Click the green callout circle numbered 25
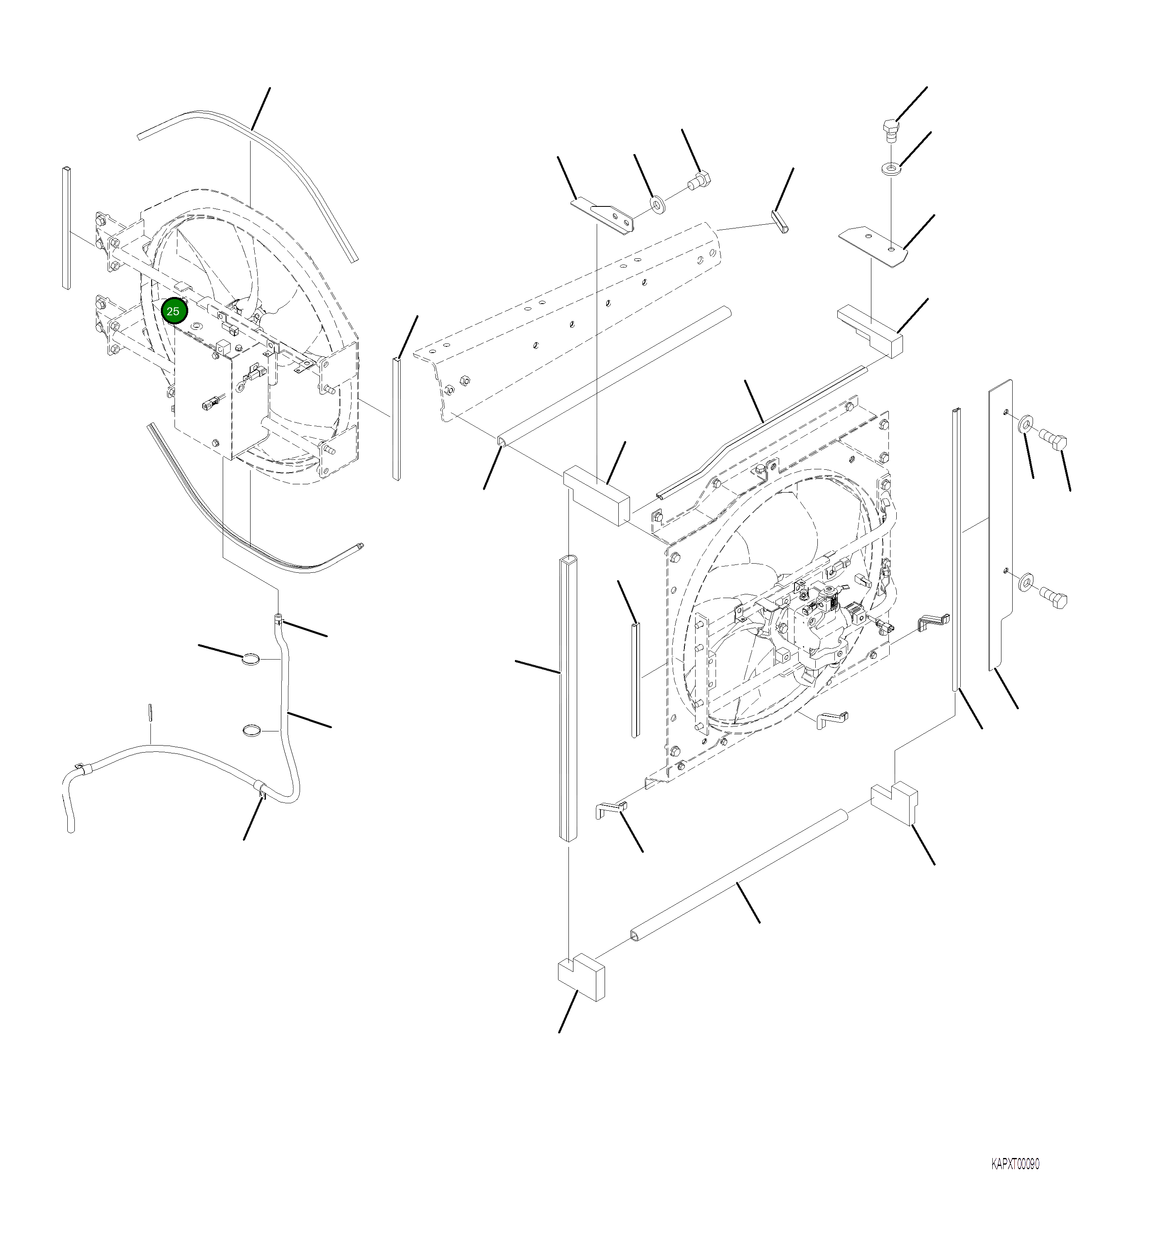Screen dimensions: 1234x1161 point(173,312)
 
